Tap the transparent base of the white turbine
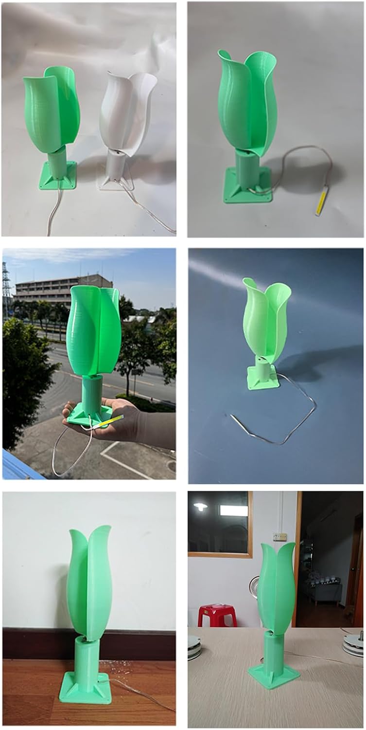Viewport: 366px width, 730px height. pos(116,182)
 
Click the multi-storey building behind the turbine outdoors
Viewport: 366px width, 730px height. pos(53,290)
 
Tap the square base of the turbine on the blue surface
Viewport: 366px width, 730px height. pos(262,380)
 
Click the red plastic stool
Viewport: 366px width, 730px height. pos(217,616)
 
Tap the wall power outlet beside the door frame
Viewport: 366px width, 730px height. pos(279,536)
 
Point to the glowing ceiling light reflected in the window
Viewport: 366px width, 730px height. pos(200,507)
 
